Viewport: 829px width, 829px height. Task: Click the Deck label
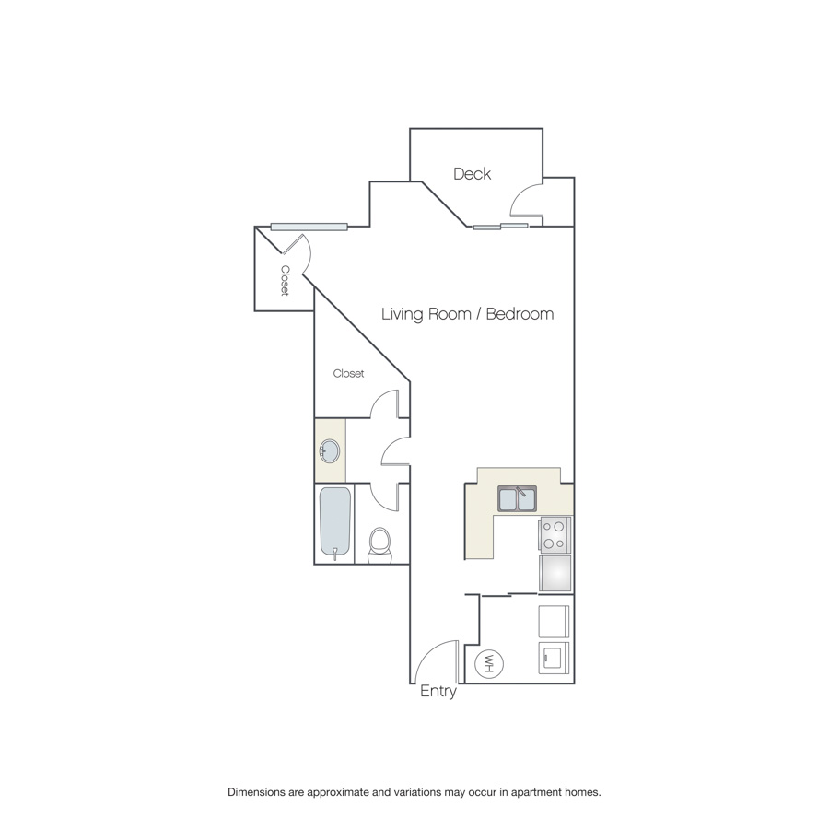472,173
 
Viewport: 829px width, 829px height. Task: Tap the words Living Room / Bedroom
467,314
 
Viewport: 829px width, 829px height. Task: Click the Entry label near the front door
438,691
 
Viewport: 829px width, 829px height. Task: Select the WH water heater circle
489,663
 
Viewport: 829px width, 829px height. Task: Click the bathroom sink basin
330,451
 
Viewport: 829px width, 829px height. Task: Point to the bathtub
335,522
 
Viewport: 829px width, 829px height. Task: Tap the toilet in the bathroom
379,544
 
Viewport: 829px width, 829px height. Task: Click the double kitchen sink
517,498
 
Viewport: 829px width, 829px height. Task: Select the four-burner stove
555,534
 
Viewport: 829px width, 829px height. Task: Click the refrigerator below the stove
555,573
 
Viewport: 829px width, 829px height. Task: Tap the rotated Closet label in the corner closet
285,281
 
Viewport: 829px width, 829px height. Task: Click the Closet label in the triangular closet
348,373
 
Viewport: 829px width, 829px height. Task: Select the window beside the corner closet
309,227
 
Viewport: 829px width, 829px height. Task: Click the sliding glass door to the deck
500,227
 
